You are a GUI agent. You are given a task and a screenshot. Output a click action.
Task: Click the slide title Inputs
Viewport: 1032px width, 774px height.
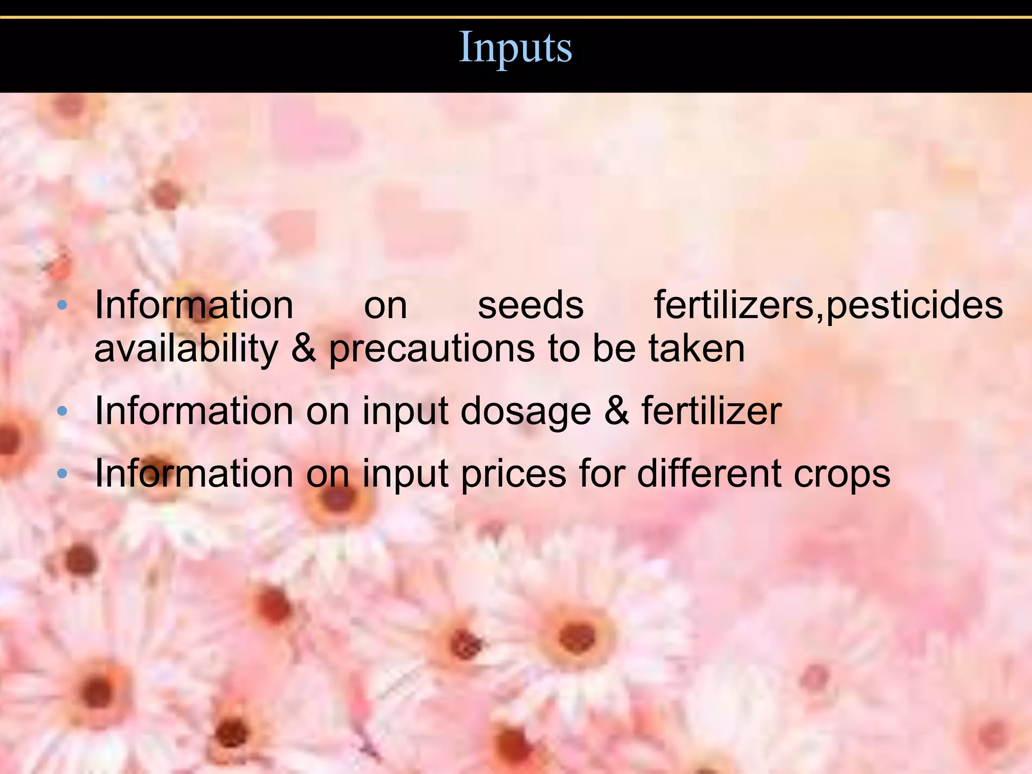515,48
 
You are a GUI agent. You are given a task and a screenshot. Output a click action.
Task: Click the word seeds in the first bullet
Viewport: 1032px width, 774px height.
531,306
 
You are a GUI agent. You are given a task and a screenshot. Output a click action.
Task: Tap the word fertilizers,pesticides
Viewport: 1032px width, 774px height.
828,306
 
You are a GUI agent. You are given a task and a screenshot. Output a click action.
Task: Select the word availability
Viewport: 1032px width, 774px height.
186,349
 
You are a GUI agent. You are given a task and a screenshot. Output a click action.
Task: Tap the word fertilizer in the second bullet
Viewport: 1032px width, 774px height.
711,411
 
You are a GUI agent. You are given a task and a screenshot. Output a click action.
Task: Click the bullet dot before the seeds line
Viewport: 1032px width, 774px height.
62,305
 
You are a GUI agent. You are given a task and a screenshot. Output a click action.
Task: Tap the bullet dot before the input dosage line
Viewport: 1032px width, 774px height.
62,411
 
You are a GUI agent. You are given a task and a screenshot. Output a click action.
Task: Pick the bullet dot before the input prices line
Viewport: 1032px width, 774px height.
62,474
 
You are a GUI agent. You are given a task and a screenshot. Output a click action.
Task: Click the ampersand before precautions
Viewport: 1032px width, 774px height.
304,349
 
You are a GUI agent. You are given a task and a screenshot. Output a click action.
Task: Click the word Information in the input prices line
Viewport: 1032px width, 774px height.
194,474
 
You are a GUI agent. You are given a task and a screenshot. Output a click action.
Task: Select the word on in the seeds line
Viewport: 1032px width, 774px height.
385,306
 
